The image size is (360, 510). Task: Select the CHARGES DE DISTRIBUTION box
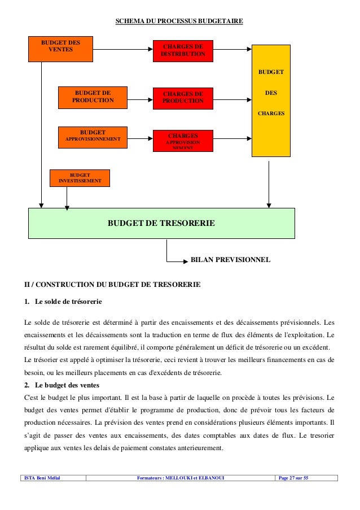pyautogui.click(x=183, y=50)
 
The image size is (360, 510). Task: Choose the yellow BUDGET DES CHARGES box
pyautogui.click(x=271, y=101)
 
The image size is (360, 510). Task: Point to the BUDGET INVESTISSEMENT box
pyautogui.click(x=80, y=178)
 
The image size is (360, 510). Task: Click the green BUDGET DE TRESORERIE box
pyautogui.click(x=161, y=223)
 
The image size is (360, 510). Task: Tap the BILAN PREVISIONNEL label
pyautogui.click(x=231, y=260)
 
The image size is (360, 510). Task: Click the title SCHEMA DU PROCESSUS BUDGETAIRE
pyautogui.click(x=179, y=21)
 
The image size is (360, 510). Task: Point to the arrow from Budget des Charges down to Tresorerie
pyautogui.click(x=269, y=182)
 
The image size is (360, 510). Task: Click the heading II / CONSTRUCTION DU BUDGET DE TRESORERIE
pyautogui.click(x=112, y=284)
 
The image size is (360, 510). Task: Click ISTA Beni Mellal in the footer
pyautogui.click(x=43, y=478)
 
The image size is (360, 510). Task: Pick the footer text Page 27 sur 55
pyautogui.click(x=294, y=478)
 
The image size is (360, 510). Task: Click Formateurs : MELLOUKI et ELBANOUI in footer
pyautogui.click(x=181, y=478)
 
